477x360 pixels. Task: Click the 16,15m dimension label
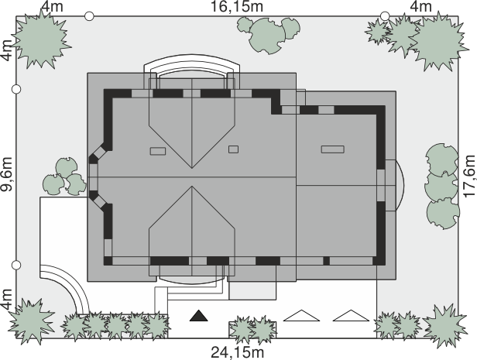point(237,7)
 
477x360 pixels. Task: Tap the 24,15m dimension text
point(237,353)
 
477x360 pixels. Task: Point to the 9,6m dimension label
point(7,174)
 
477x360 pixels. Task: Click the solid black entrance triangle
point(199,316)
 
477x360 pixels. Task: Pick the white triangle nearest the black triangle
point(301,316)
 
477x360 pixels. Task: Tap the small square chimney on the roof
point(233,149)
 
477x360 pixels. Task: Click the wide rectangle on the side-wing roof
point(333,149)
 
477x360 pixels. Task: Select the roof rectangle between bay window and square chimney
point(158,151)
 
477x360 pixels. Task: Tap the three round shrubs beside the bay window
point(64,177)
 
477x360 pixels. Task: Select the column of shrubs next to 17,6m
point(442,186)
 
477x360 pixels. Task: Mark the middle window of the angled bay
point(93,177)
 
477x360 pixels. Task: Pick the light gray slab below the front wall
point(252,290)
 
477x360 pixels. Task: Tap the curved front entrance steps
point(192,281)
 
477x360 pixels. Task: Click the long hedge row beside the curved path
point(115,326)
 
